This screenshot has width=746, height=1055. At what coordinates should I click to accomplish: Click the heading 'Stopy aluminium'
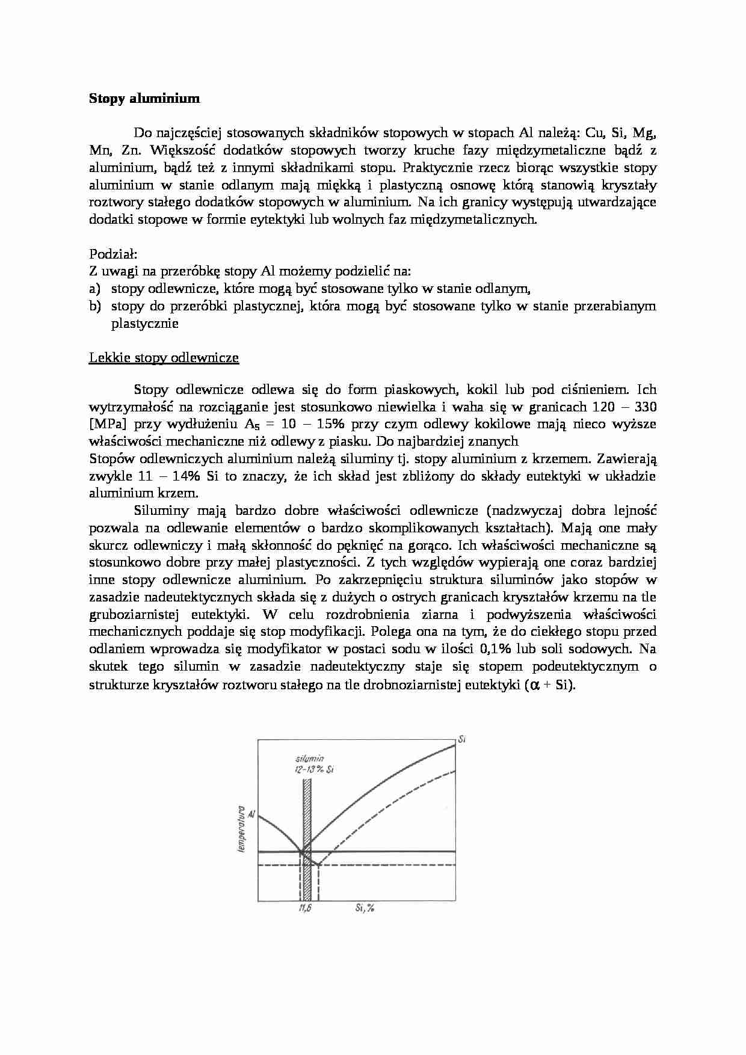(x=144, y=98)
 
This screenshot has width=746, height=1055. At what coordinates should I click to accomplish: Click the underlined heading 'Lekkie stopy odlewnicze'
(x=164, y=358)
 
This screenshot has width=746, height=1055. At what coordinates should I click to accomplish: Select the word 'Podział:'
(x=114, y=254)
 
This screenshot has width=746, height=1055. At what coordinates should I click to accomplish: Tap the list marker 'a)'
(x=95, y=289)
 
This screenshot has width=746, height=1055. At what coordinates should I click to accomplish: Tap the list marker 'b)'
(x=95, y=306)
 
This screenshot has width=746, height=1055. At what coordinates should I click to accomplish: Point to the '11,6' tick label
(x=304, y=909)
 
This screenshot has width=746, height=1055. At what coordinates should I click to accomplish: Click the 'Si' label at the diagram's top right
(x=462, y=739)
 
